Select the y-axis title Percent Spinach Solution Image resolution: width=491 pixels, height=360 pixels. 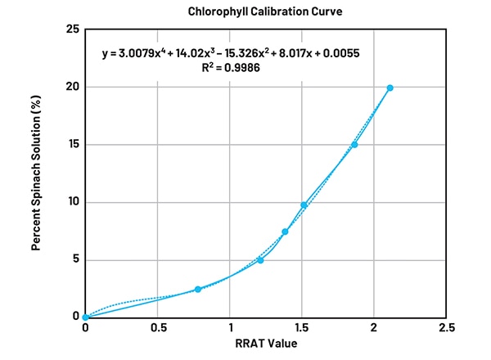click(38, 173)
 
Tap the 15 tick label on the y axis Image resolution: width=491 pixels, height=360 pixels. click(71, 145)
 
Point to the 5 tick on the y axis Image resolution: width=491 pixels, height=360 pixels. click(74, 260)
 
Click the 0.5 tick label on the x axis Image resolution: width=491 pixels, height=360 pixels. click(157, 328)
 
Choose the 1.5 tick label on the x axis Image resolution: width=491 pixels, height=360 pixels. click(302, 328)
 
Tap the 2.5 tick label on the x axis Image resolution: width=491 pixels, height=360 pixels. click(446, 328)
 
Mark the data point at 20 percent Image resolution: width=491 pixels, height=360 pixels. click(390, 88)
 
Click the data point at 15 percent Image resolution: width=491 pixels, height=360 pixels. click(354, 145)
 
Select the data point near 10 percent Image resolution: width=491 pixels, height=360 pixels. click(304, 205)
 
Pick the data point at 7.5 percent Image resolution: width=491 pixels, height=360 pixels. click(285, 232)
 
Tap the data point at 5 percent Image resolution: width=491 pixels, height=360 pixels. click(260, 260)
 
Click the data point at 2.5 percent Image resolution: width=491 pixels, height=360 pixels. click(197, 289)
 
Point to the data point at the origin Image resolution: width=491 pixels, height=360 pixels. click(85, 317)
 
